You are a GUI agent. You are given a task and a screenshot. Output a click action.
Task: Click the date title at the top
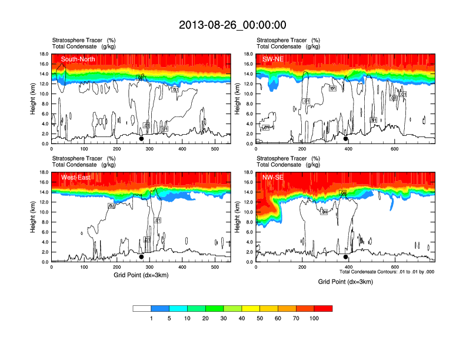232,25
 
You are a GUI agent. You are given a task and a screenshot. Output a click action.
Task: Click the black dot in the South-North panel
141,139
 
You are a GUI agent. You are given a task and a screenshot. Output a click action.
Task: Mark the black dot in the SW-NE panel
346,139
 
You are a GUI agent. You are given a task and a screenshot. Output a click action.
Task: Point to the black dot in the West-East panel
141,257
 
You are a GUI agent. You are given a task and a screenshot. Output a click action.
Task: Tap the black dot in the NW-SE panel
346,257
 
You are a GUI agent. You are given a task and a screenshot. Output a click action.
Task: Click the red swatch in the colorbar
323,308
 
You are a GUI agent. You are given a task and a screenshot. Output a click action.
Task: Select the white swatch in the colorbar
142,308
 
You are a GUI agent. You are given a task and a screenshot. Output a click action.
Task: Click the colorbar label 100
314,318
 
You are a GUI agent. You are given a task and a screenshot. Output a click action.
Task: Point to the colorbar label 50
259,318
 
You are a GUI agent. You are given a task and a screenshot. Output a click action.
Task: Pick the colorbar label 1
151,318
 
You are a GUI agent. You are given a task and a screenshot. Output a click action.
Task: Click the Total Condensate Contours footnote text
387,272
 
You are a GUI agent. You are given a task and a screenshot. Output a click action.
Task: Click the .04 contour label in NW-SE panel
343,193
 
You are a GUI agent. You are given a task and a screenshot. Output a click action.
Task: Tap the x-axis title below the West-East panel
141,275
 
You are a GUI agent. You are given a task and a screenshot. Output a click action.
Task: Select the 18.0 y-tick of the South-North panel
43,54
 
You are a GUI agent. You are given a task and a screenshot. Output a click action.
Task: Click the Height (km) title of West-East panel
32,217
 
